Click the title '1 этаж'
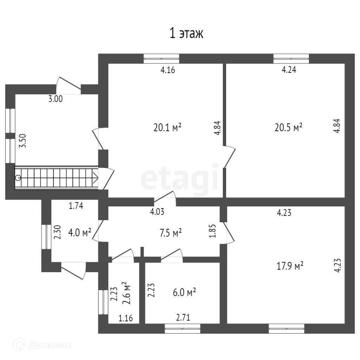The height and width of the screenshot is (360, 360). click(x=186, y=34)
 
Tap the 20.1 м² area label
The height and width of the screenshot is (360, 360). click(x=167, y=128)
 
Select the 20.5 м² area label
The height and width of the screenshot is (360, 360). click(x=288, y=128)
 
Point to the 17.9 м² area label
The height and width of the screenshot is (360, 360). click(x=289, y=266)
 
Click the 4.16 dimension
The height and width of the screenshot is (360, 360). click(x=168, y=70)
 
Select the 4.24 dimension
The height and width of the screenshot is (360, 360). click(x=289, y=70)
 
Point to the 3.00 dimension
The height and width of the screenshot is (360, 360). click(x=56, y=99)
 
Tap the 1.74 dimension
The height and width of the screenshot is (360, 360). click(x=76, y=206)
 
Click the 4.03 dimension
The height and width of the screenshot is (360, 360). click(x=157, y=212)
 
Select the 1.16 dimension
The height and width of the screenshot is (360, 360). click(x=126, y=319)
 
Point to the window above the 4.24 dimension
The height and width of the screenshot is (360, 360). click(x=291, y=58)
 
